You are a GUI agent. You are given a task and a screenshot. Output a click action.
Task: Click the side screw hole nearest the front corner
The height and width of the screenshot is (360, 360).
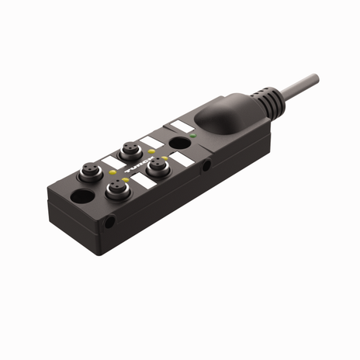pos(111,222)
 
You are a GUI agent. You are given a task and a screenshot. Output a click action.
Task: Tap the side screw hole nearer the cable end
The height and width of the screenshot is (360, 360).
pos(206,166)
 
